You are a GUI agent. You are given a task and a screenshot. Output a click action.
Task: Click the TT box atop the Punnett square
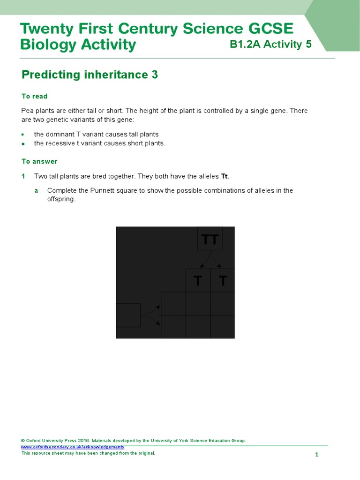210,239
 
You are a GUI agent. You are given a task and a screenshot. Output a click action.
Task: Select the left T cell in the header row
198,280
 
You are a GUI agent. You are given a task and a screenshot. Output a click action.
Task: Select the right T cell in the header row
223,280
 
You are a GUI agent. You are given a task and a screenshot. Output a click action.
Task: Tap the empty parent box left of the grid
128,315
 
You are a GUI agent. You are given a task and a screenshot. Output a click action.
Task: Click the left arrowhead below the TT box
201,266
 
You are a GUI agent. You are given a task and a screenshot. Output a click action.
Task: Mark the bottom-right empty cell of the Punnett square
223,327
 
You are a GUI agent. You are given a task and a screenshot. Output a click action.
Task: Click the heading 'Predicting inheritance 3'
90,75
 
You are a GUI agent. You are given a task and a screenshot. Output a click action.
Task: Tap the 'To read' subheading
35,96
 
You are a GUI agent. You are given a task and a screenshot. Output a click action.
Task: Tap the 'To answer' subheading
39,161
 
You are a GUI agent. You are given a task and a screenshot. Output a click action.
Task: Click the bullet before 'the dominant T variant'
23,135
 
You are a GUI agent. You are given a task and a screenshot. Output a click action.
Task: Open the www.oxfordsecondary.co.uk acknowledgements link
73,447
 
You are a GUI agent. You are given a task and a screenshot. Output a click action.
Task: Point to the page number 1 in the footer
317,455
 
